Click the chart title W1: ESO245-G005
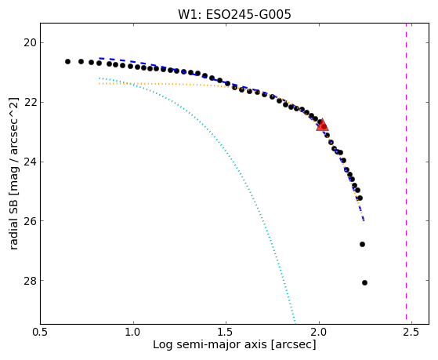tap(234, 14)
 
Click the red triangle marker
tap(322, 125)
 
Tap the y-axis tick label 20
tap(30, 43)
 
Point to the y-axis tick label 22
tap(30, 103)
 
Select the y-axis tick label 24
tap(30, 162)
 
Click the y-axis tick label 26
tap(30, 221)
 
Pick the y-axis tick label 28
tap(30, 280)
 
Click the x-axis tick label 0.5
tap(41, 332)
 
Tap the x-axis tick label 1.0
tap(133, 332)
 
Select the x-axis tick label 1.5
tap(226, 332)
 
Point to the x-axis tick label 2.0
tap(319, 332)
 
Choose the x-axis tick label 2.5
tap(411, 332)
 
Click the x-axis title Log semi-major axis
tap(210, 344)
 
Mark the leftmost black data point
tap(67, 61)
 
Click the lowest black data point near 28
tap(364, 283)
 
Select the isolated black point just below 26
tap(362, 244)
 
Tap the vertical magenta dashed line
tap(406, 172)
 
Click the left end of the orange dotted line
tap(100, 84)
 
